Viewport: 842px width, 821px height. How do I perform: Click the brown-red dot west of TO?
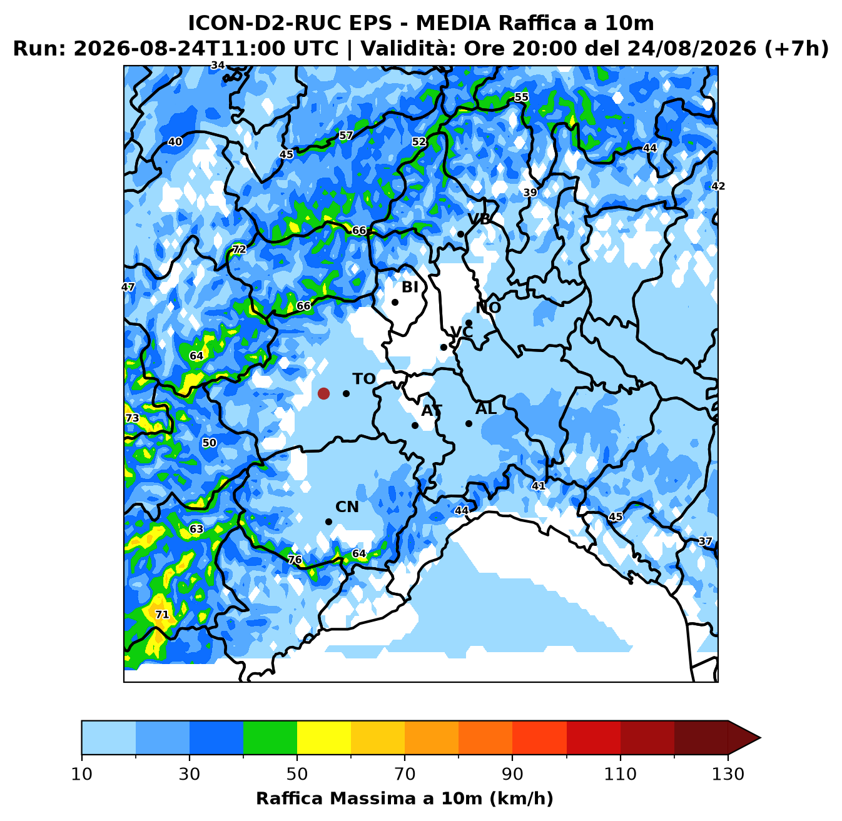pos(323,393)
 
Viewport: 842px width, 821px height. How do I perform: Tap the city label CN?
pos(347,506)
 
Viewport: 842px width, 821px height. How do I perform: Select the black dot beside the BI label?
pos(395,302)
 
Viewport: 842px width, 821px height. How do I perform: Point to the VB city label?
pos(479,219)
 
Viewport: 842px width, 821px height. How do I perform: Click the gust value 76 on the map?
pos(295,559)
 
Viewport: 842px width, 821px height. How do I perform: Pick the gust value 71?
pos(162,614)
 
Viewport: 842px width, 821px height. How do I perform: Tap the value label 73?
pos(133,418)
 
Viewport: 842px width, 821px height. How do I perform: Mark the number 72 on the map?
pos(239,249)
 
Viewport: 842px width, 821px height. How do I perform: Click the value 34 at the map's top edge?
pos(218,65)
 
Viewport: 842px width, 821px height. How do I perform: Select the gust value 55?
pos(521,97)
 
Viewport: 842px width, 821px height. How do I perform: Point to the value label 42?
pos(718,186)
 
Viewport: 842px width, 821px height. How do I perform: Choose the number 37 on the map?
pos(705,541)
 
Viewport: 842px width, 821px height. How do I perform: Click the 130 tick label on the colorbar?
pos(728,774)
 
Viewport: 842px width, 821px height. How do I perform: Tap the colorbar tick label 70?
pos(405,774)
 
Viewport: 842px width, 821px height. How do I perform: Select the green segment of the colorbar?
pos(270,737)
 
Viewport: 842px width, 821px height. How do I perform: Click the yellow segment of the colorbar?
pos(324,737)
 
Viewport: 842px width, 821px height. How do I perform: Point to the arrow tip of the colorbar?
pos(760,737)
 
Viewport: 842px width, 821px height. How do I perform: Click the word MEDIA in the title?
pos(453,23)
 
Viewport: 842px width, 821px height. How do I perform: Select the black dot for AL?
pos(469,423)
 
